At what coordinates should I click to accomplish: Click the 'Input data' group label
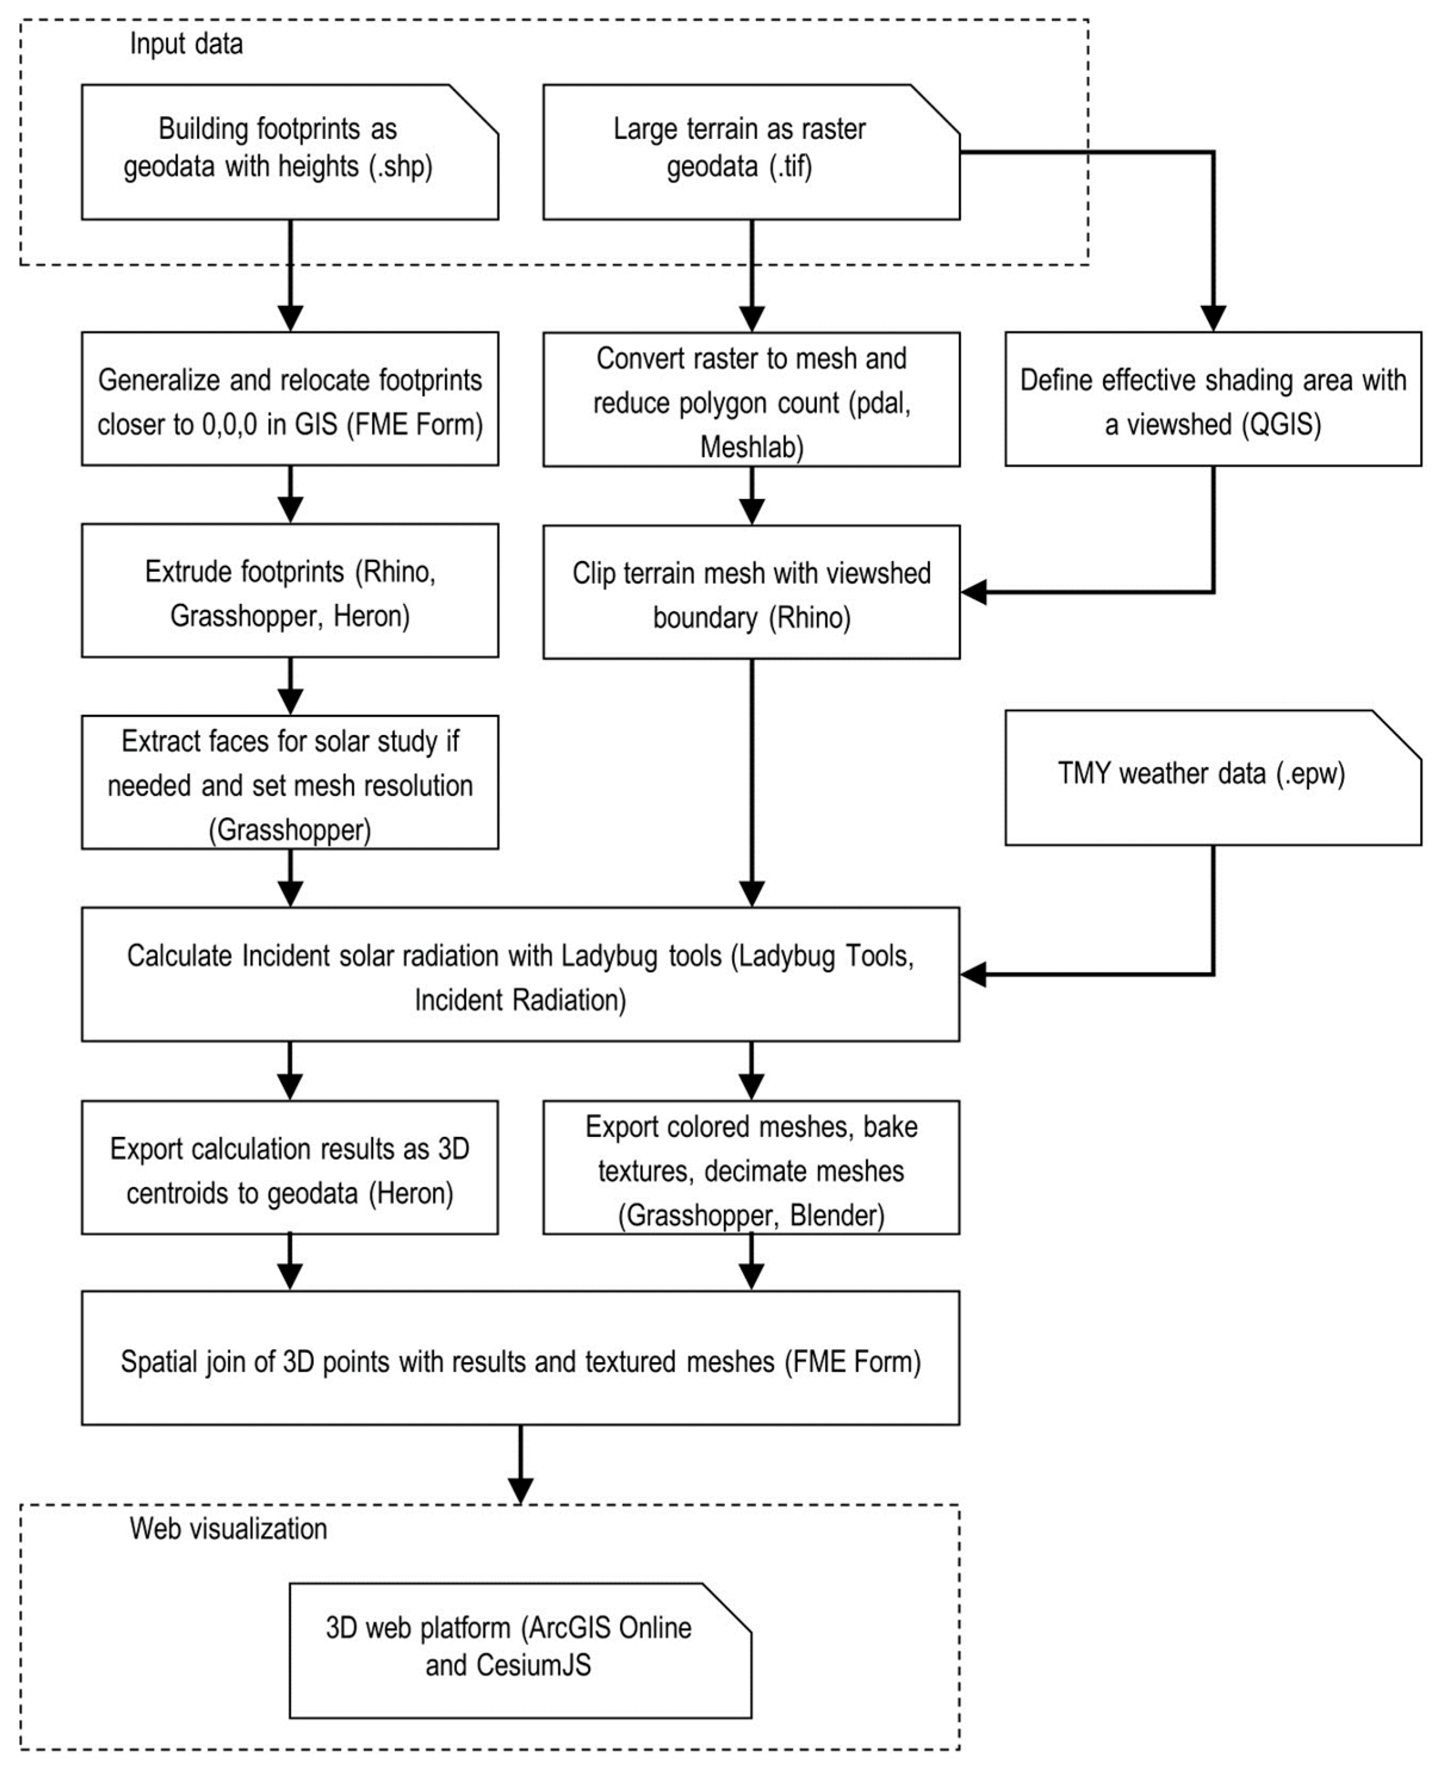[x=186, y=44]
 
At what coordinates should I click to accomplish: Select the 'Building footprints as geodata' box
[x=290, y=152]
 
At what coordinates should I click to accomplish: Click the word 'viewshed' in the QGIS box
[x=1179, y=425]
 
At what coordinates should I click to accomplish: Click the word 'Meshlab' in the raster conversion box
[x=750, y=447]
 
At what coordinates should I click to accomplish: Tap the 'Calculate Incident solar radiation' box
[x=520, y=974]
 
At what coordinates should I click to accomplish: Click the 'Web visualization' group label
[x=228, y=1528]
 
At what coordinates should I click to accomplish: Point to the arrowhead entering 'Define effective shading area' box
[x=1213, y=319]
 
